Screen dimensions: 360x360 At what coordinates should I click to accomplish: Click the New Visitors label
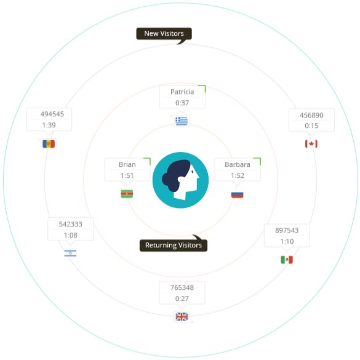(164, 33)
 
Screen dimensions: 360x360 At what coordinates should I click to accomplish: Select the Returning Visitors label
(174, 245)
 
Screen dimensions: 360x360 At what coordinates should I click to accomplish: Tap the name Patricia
(182, 92)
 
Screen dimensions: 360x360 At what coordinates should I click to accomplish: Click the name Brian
(127, 164)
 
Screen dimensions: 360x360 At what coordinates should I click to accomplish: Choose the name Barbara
(238, 164)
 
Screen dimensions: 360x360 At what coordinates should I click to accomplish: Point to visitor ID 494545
(52, 114)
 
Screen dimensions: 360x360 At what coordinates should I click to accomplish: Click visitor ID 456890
(311, 115)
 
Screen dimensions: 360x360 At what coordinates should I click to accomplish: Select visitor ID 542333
(71, 224)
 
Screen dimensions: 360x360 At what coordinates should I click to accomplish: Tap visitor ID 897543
(287, 230)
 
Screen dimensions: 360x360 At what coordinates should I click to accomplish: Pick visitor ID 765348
(182, 287)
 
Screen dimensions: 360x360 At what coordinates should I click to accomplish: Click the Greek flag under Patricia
(182, 121)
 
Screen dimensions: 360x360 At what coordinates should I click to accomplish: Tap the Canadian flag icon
(311, 144)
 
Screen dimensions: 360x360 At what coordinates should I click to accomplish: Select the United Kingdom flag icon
(182, 316)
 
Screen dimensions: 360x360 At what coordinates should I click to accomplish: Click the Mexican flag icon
(287, 260)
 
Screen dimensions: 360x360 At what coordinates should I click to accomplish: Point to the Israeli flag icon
(70, 254)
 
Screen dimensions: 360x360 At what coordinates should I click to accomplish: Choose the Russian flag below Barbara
(237, 195)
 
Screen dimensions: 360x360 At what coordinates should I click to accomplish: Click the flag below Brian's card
(127, 194)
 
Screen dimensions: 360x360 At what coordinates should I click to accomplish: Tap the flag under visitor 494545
(49, 144)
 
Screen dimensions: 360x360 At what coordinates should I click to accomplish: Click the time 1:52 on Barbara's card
(238, 175)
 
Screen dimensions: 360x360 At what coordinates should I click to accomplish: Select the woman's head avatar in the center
(180, 180)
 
